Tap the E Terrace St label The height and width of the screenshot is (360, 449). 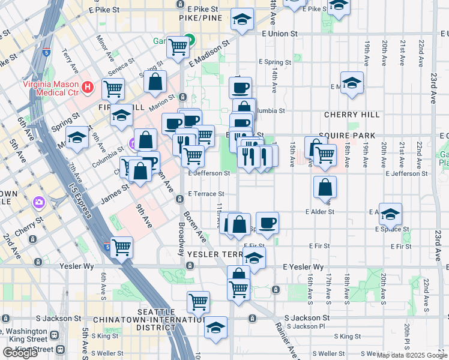pyautogui.click(x=206, y=194)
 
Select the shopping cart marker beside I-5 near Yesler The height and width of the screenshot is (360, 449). pyautogui.click(x=122, y=247)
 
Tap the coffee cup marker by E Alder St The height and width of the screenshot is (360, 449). pyautogui.click(x=268, y=223)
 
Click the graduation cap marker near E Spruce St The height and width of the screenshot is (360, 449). pyautogui.click(x=390, y=214)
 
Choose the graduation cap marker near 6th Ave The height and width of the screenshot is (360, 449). pyautogui.click(x=77, y=138)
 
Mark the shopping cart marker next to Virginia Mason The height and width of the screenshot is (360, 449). pyautogui.click(x=113, y=89)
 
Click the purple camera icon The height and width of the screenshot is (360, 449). pyautogui.click(x=40, y=202)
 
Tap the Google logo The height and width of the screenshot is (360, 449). pyautogui.click(x=20, y=353)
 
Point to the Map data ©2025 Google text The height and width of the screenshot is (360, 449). pyautogui.click(x=412, y=355)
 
